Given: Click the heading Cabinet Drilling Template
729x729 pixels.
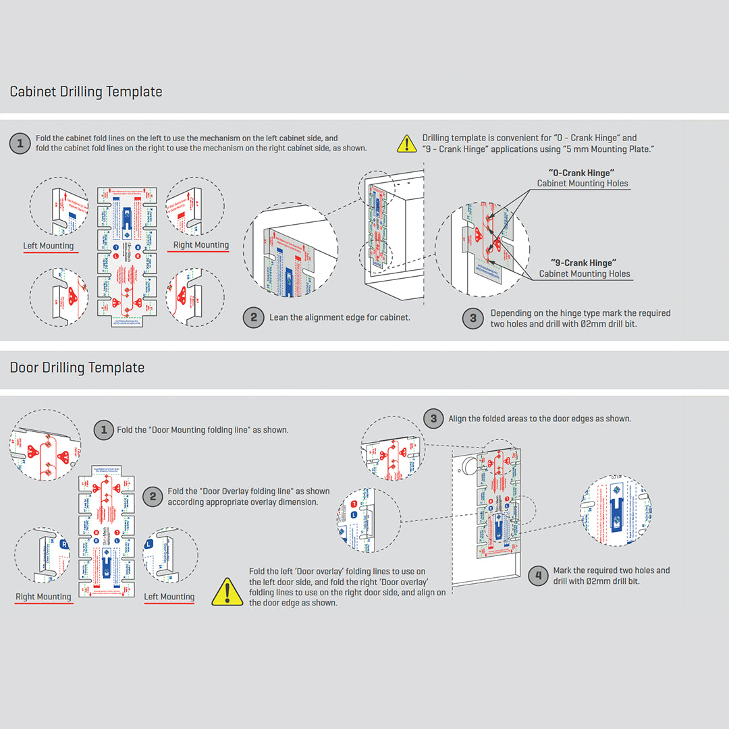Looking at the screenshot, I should click(86, 92).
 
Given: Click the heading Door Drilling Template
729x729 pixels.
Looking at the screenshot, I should click(77, 368).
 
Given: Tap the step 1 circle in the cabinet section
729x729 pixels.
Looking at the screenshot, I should click(20, 143).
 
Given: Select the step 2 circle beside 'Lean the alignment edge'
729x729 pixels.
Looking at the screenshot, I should click(253, 317).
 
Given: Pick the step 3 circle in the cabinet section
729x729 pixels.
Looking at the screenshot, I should click(473, 318).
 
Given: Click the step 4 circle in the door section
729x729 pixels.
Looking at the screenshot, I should click(538, 576).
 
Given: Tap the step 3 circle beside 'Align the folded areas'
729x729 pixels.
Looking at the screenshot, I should click(434, 418).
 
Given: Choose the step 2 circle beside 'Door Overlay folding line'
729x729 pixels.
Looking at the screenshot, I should click(153, 497).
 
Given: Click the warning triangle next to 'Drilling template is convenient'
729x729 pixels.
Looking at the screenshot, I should click(407, 143).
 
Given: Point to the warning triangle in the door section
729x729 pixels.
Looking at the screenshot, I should click(227, 592).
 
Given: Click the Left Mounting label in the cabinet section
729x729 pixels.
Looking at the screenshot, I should click(49, 246).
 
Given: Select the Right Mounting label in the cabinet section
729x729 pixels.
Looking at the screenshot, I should click(201, 245).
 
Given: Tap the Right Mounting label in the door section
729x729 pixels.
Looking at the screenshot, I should click(43, 597).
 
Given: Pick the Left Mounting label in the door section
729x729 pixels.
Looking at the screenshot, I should click(169, 597).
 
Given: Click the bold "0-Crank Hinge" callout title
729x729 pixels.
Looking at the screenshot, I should click(582, 173).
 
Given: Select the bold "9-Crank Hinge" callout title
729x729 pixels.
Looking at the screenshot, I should click(584, 263).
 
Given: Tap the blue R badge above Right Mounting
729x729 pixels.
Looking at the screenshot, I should click(64, 543).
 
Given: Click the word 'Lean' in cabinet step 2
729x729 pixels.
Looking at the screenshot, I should click(279, 317).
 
